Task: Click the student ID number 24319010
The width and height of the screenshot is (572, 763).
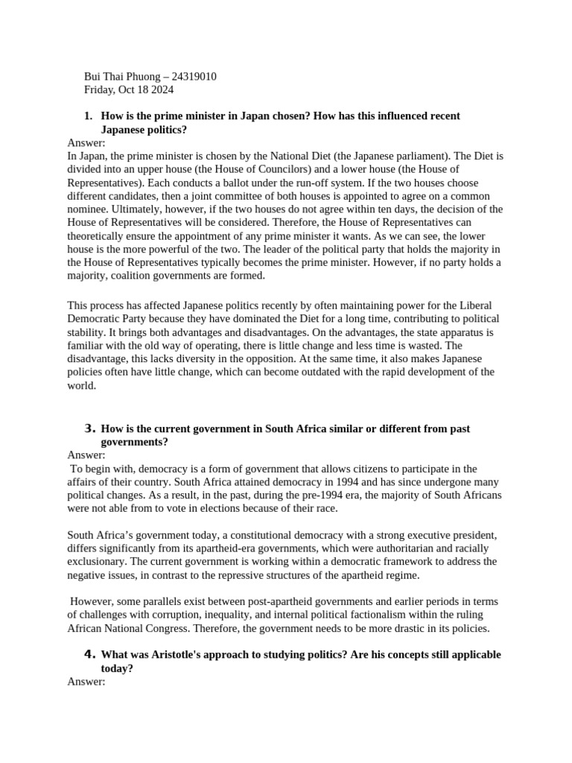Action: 194,77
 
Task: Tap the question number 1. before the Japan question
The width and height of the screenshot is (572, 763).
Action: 88,116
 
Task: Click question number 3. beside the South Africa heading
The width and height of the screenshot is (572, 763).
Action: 89,429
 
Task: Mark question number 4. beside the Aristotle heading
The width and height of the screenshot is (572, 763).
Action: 89,655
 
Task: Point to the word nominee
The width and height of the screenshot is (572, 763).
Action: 89,210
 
